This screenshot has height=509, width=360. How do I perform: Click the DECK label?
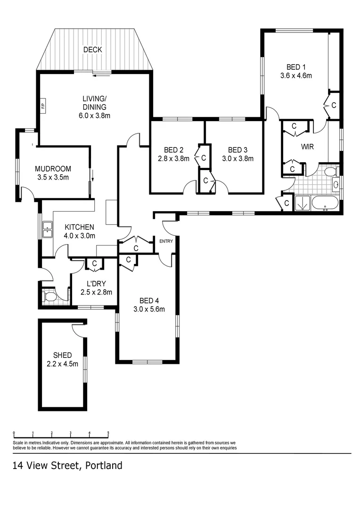[x=92, y=49]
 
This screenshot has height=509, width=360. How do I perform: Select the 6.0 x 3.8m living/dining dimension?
[x=94, y=115]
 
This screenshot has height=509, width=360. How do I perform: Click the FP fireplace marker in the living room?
[x=42, y=105]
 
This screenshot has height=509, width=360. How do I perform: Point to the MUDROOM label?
[x=53, y=169]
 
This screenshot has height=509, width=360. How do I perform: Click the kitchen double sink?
[x=47, y=229]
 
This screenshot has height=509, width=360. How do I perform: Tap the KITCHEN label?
[x=80, y=227]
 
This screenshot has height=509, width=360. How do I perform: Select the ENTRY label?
[x=166, y=241]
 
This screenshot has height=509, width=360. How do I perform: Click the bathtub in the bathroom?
[x=325, y=204]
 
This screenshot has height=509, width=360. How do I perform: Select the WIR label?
[x=308, y=146]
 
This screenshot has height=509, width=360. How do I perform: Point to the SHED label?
[x=63, y=355]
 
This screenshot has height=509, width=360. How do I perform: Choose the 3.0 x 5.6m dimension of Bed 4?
[x=148, y=309]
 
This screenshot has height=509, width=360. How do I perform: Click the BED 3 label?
[x=237, y=150]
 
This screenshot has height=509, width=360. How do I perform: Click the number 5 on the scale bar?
[x=108, y=433]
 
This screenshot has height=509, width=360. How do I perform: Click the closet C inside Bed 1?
[x=334, y=105]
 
